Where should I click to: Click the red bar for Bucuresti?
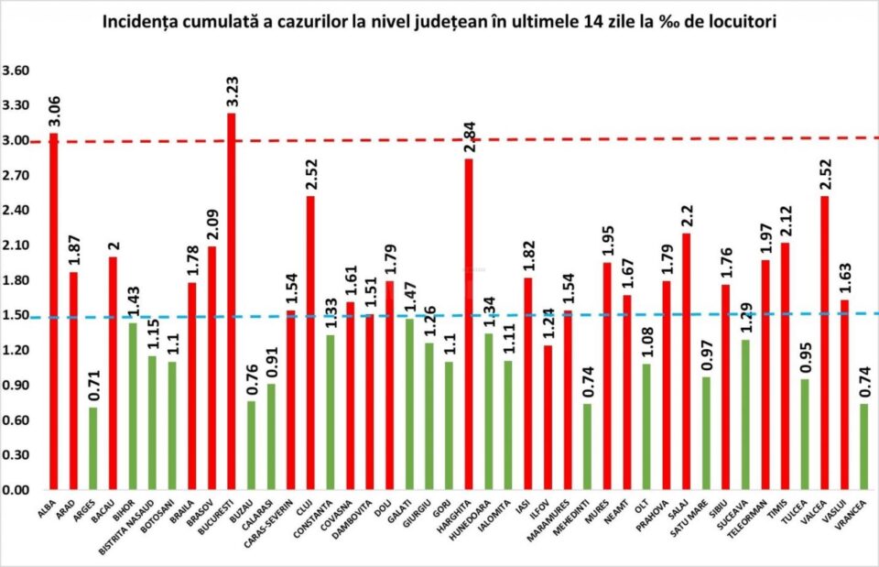231,302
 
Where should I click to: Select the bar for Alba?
53,311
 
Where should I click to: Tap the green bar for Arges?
92,449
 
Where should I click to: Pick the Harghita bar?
469,325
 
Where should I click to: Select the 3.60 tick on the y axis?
16,71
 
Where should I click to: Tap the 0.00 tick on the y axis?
16,490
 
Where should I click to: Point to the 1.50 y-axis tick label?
16,315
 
